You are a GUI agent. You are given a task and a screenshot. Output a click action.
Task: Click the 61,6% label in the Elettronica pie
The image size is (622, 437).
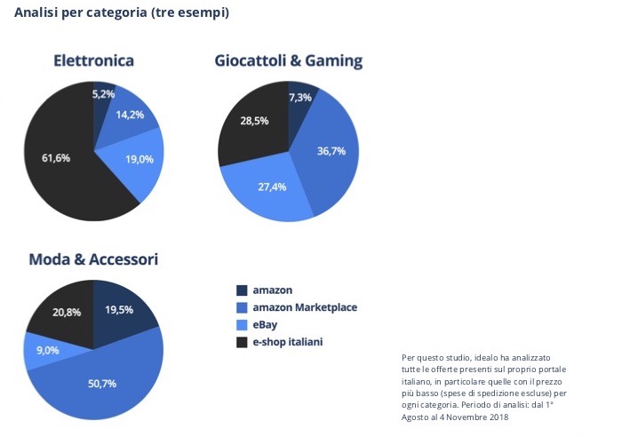(x=56, y=158)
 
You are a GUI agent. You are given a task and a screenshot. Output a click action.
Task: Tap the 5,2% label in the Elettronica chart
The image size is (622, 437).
(x=103, y=94)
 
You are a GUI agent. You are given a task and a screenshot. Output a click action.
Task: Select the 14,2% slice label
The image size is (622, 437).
(x=130, y=115)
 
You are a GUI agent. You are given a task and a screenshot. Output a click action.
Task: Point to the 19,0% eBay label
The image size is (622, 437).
(x=140, y=159)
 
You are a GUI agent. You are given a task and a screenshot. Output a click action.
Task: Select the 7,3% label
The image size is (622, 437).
(x=299, y=98)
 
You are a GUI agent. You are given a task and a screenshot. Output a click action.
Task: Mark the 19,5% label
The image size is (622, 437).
(x=120, y=310)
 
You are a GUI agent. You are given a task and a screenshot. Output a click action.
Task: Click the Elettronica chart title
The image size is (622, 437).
(x=93, y=61)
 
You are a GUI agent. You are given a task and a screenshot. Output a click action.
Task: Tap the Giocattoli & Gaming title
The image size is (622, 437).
(x=288, y=61)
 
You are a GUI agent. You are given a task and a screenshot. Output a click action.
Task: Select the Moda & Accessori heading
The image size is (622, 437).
(x=93, y=259)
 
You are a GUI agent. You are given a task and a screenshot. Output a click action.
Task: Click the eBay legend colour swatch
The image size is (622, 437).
(x=242, y=324)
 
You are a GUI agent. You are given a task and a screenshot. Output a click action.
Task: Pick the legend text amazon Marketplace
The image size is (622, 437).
(x=305, y=307)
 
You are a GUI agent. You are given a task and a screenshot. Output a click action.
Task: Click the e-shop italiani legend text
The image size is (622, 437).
(x=287, y=341)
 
